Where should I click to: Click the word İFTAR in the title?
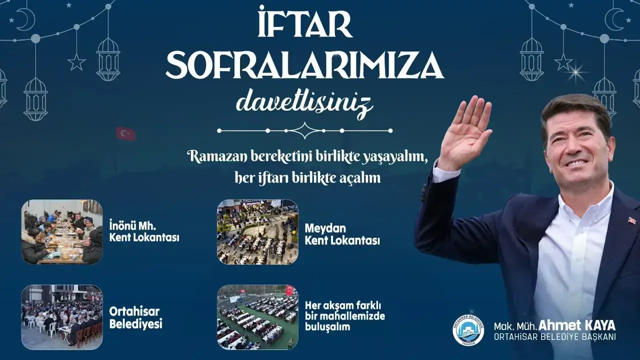[305, 23]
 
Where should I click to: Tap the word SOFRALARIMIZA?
[305, 65]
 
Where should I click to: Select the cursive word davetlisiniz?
[304, 103]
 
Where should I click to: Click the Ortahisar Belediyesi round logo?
[468, 331]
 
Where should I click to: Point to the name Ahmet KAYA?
[576, 325]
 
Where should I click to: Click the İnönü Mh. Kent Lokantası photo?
[62, 231]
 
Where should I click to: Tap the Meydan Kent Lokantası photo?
[257, 231]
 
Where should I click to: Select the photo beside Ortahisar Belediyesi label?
[62, 317]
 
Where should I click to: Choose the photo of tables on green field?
[257, 317]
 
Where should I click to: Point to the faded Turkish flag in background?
[125, 133]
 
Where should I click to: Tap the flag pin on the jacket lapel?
[631, 220]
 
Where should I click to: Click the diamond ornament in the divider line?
[305, 130]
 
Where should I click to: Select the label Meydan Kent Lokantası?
[342, 234]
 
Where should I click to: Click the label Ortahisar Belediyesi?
[135, 317]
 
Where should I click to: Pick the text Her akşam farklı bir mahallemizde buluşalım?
[345, 316]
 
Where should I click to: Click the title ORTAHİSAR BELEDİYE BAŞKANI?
[555, 337]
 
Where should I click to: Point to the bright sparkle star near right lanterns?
[576, 73]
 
